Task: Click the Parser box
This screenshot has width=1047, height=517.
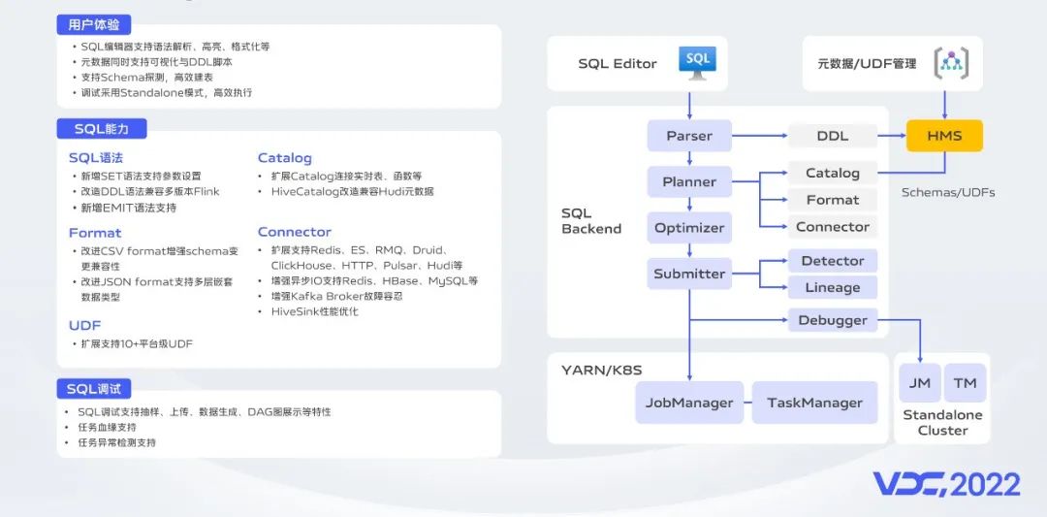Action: click(689, 136)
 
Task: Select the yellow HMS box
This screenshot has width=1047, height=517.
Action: click(944, 136)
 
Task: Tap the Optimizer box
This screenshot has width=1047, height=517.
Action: click(689, 228)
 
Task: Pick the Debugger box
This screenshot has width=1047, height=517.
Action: click(833, 321)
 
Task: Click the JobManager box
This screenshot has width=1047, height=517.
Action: click(689, 403)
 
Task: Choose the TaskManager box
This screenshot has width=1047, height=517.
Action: click(814, 403)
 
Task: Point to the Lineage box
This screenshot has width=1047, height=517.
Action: click(833, 287)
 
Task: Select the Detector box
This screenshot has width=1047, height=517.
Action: click(833, 261)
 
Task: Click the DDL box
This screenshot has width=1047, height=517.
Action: click(833, 136)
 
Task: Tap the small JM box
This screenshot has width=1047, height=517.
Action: click(919, 383)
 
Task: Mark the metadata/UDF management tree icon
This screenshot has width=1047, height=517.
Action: click(951, 63)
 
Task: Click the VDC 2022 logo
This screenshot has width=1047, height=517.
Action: click(947, 485)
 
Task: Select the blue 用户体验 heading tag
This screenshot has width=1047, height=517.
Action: click(93, 25)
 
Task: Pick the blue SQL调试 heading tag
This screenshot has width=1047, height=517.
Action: click(93, 389)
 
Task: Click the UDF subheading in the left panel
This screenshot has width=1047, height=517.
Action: click(84, 325)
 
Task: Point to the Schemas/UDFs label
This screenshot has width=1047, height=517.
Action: click(948, 192)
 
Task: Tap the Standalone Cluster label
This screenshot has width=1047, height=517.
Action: click(943, 423)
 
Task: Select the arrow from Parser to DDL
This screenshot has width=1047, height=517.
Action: click(760, 136)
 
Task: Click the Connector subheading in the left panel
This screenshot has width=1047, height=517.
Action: click(295, 232)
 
